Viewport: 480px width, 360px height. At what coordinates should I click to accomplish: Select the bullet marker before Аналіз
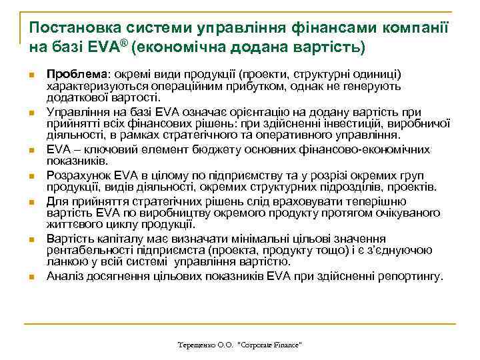click(31, 277)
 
